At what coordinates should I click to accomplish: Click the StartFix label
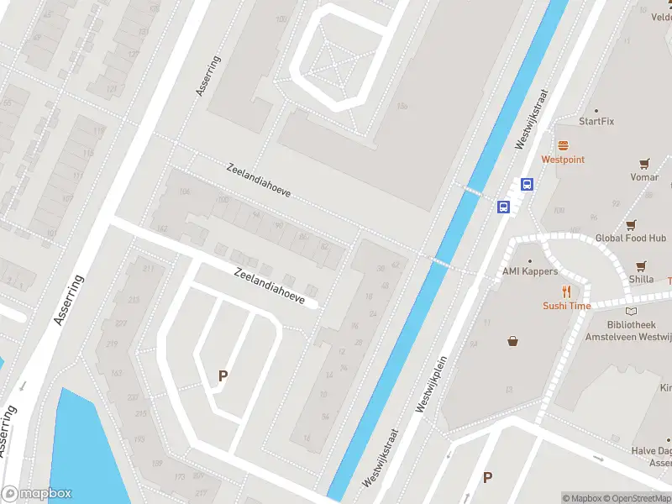tap(596, 121)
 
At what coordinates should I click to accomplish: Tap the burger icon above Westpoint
tap(562, 144)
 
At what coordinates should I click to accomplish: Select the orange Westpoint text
tap(562, 160)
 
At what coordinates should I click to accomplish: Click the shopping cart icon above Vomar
tap(644, 164)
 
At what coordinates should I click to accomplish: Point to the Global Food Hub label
tap(630, 239)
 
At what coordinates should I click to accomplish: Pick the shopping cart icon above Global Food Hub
tap(631, 224)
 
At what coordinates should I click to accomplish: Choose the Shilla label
tap(641, 280)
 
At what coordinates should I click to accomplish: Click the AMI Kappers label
tap(529, 271)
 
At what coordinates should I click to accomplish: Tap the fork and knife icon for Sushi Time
tap(567, 291)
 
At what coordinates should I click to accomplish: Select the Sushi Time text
tap(566, 307)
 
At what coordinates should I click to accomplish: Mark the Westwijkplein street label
tap(433, 376)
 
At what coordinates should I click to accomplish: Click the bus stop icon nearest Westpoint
tap(528, 185)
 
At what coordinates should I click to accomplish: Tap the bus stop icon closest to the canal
tap(504, 207)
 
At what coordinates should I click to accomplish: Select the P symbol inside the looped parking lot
tap(223, 376)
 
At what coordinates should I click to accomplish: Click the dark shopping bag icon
tap(512, 340)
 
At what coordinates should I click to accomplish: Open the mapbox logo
tap(36, 494)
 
